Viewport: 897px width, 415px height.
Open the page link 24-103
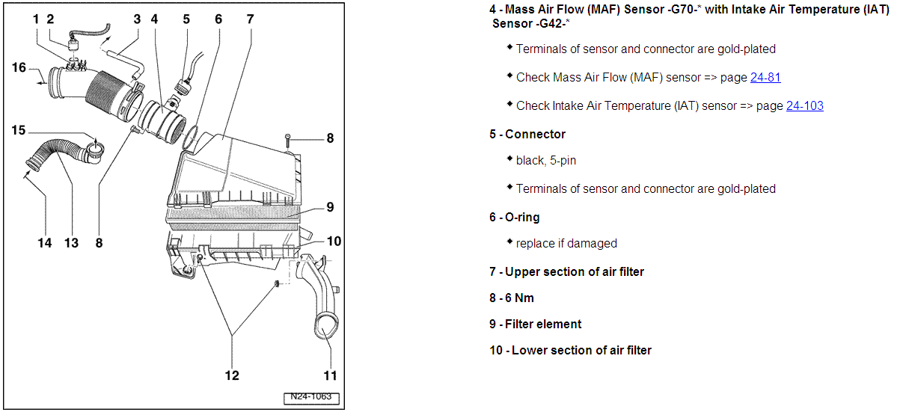tap(804, 105)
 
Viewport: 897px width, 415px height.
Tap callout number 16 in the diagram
tap(19, 67)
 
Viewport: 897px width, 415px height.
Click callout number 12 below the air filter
tap(232, 375)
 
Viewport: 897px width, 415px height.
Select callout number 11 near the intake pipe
tap(330, 375)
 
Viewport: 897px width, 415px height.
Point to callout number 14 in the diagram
tap(45, 242)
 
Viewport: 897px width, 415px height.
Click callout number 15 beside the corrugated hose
tap(19, 131)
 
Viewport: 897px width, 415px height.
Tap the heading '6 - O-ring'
tap(514, 217)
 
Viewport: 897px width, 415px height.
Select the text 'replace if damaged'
tap(566, 243)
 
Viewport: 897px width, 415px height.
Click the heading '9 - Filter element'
tap(535, 324)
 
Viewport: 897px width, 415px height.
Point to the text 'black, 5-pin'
tap(545, 160)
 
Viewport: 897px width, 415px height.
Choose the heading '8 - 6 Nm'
tap(512, 298)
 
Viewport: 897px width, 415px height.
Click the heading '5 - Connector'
tap(527, 134)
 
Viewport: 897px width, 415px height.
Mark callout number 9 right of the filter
tap(330, 207)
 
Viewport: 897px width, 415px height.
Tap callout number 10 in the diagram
tap(334, 241)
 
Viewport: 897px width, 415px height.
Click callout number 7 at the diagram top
tap(251, 19)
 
